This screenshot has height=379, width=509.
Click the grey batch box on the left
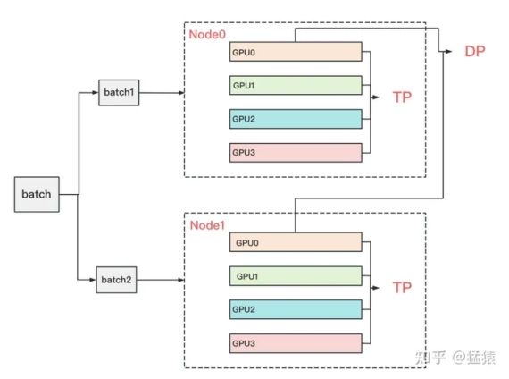pyautogui.click(x=37, y=194)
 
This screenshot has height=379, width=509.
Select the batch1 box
pyautogui.click(x=119, y=93)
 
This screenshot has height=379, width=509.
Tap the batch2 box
pyautogui.click(x=116, y=280)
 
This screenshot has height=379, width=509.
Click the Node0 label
pyautogui.click(x=207, y=35)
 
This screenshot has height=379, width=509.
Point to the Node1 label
pyautogui.click(x=207, y=225)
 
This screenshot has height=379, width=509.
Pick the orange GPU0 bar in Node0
pyautogui.click(x=296, y=51)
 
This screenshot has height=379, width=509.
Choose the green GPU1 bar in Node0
pyautogui.click(x=296, y=85)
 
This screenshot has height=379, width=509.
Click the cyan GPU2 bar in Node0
pyautogui.click(x=296, y=119)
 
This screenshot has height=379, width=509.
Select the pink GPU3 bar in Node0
pyautogui.click(x=296, y=153)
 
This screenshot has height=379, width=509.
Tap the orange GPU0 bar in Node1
pyautogui.click(x=296, y=242)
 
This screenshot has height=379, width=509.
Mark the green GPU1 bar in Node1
pyautogui.click(x=296, y=276)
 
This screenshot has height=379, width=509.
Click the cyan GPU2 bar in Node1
pyautogui.click(x=296, y=309)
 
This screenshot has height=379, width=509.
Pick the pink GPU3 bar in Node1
pyautogui.click(x=296, y=343)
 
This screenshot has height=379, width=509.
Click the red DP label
pyautogui.click(x=475, y=51)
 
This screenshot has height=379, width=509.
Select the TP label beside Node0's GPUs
pyautogui.click(x=402, y=97)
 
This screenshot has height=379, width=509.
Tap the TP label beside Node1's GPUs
pyautogui.click(x=402, y=288)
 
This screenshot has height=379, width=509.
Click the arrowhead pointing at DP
pyautogui.click(x=448, y=51)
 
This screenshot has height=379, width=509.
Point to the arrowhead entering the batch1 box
pyautogui.click(x=96, y=93)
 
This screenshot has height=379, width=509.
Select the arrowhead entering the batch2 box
pyautogui.click(x=93, y=280)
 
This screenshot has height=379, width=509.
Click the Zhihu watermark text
pyautogui.click(x=455, y=358)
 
